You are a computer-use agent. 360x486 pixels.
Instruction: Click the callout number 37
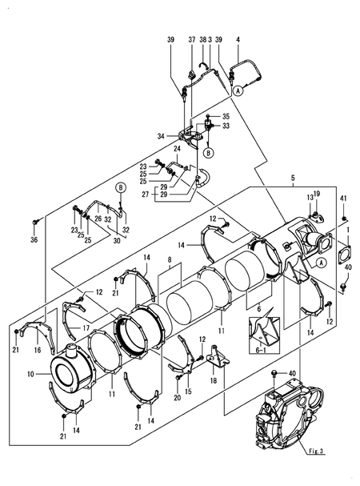pyautogui.click(x=192, y=39)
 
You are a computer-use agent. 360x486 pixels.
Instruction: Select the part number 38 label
pyautogui.click(x=202, y=39)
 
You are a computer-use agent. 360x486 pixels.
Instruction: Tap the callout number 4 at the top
pyautogui.click(x=238, y=39)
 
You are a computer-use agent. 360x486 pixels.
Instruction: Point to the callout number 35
pyautogui.click(x=226, y=116)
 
